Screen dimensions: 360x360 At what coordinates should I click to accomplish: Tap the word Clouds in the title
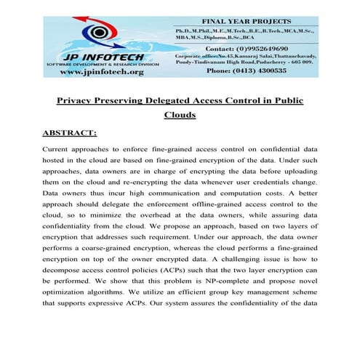click(180, 116)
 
